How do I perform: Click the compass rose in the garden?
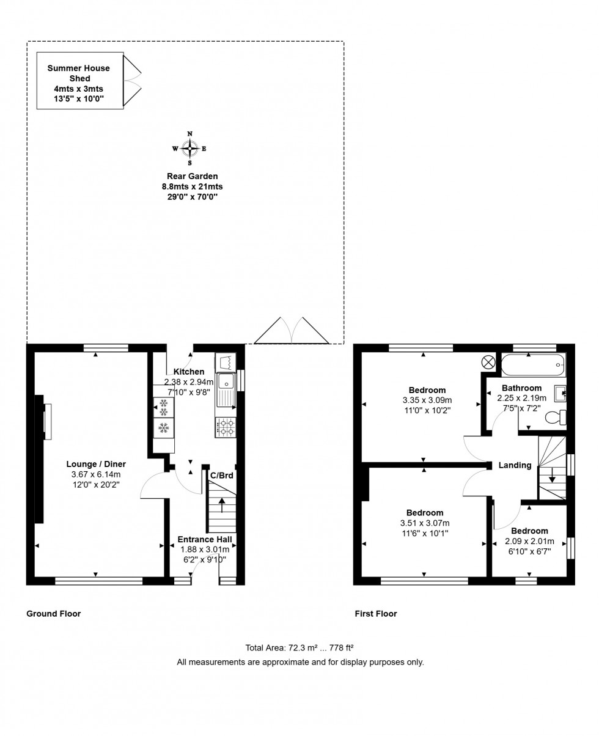[x=189, y=148]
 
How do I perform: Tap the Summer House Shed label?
[x=79, y=73]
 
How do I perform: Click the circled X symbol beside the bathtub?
[x=489, y=362]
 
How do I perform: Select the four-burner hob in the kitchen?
[x=226, y=427]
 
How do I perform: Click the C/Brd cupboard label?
[x=221, y=475]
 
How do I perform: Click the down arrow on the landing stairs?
[x=552, y=474]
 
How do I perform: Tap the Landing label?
[x=515, y=465]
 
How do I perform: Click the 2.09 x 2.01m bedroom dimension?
[x=529, y=541]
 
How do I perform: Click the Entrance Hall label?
[x=204, y=539]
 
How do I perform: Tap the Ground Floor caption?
[x=53, y=614]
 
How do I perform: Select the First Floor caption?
[x=376, y=614]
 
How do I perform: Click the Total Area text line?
[x=299, y=647]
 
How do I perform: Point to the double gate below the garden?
[x=292, y=331]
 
